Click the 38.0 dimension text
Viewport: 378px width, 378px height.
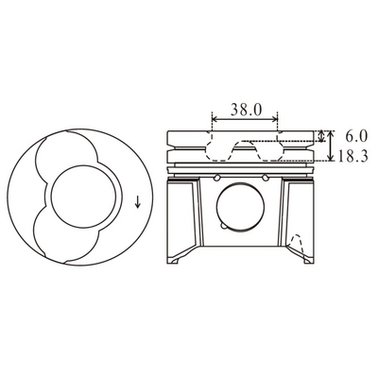246,110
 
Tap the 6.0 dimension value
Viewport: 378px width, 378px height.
356,136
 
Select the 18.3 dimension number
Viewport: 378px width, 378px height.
353,156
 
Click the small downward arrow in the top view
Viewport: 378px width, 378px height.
138,201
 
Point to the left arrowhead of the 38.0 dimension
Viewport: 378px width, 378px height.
215,119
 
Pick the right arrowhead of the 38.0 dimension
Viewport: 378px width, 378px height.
275,119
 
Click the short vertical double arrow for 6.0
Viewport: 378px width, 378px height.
321,136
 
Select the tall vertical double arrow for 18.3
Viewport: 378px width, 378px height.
330,146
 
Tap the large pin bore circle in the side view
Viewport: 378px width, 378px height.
240,207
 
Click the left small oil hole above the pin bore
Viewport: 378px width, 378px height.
216,179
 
